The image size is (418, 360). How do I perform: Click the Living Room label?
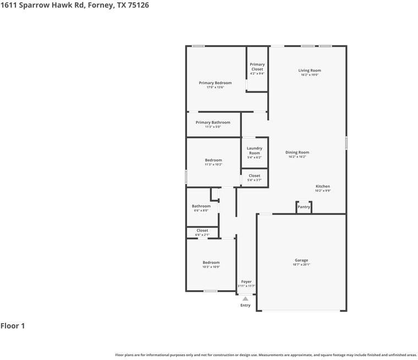[x=310, y=70]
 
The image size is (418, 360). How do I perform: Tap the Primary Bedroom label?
[x=215, y=83]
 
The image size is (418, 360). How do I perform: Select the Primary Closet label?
[x=257, y=67]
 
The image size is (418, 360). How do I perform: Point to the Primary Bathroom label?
[x=213, y=123]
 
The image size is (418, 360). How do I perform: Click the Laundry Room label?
[x=254, y=151]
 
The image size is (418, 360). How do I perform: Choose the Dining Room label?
[x=297, y=152]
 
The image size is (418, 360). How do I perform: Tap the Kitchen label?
[x=322, y=186]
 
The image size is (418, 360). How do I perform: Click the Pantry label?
[x=304, y=207]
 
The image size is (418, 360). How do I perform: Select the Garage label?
[x=301, y=260]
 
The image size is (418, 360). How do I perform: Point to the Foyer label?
[x=246, y=281]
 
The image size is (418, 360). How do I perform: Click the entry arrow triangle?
[x=245, y=299]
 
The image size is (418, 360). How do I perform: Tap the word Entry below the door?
[x=245, y=305]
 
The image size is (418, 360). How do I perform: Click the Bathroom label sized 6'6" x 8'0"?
[x=201, y=206]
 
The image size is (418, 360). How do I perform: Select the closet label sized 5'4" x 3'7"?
[x=254, y=176]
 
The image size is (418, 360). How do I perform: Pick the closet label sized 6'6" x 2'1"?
[x=202, y=231]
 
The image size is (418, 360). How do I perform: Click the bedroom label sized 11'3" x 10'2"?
[x=213, y=160]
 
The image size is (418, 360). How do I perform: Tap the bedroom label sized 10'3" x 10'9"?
[x=211, y=263]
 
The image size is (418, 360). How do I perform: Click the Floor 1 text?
[x=13, y=326]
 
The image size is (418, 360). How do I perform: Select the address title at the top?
[x=74, y=5]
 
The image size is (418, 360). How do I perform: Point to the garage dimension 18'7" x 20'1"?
[x=301, y=265]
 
